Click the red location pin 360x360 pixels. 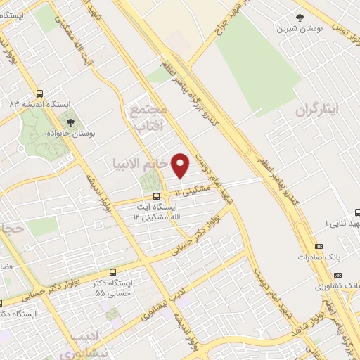(181, 165)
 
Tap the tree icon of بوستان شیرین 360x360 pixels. (300, 18)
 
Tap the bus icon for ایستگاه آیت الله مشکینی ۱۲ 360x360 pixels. (156, 197)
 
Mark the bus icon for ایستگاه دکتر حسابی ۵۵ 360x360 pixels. (113, 272)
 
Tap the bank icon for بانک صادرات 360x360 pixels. (319, 246)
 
